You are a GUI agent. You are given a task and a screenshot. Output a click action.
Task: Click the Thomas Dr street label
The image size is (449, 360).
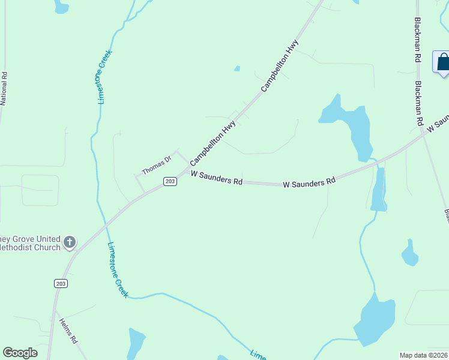[x=157, y=166]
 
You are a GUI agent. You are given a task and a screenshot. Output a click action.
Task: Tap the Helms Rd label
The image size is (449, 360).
[x=68, y=330]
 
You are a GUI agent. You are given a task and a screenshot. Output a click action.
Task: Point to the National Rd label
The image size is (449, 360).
[x=4, y=89]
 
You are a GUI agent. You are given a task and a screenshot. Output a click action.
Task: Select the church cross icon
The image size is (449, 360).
[x=70, y=242]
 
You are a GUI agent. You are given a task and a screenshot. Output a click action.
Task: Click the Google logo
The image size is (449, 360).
[x=20, y=352]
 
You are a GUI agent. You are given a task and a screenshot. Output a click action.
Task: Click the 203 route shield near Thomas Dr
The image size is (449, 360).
[x=170, y=181]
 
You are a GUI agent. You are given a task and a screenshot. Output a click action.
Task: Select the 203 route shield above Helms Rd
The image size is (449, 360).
[x=60, y=283]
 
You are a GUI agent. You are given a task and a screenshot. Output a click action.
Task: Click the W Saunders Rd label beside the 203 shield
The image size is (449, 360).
[x=217, y=178]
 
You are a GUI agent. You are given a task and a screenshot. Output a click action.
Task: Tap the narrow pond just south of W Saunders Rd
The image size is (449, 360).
[x=379, y=191]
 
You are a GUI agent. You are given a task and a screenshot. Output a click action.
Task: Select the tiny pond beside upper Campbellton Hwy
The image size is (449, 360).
[x=237, y=68]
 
